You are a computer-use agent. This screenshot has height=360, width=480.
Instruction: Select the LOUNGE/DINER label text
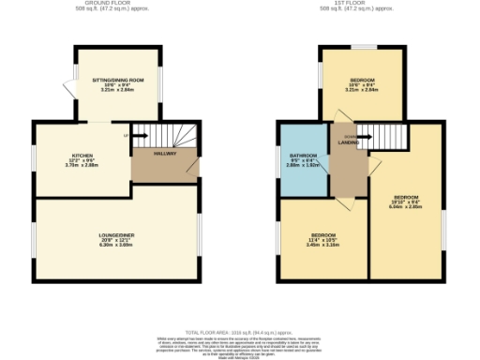[x=117, y=235]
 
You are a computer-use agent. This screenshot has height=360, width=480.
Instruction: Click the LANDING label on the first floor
[x=347, y=142]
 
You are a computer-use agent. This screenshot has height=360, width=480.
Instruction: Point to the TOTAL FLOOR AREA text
[x=240, y=333]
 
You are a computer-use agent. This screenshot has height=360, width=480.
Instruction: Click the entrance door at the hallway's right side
[x=192, y=167]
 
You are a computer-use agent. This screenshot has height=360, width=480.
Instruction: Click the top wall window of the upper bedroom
[x=363, y=46]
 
